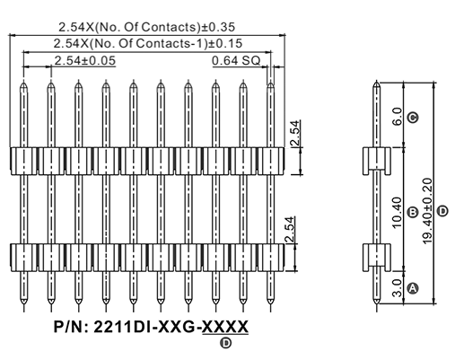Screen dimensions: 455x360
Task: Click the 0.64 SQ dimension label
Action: pyautogui.click(x=236, y=61)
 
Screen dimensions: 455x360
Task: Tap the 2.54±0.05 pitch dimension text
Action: pyautogui.click(x=84, y=61)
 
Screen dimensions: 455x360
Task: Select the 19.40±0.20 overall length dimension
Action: pyautogui.click(x=427, y=211)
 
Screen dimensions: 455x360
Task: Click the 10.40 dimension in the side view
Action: pyautogui.click(x=397, y=213)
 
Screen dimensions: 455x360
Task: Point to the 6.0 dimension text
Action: pyautogui.click(x=397, y=117)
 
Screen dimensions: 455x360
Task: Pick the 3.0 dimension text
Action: pyautogui.click(x=397, y=288)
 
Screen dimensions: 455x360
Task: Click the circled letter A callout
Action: pyautogui.click(x=413, y=288)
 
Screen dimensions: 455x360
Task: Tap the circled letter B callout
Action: pyautogui.click(x=413, y=212)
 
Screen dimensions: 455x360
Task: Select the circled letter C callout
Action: pyautogui.click(x=413, y=117)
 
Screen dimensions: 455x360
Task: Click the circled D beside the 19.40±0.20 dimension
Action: pyautogui.click(x=443, y=211)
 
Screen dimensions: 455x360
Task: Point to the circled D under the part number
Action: pyautogui.click(x=226, y=343)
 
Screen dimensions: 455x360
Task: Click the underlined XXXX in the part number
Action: pyautogui.click(x=225, y=327)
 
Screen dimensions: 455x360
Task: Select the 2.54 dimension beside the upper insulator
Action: pyautogui.click(x=295, y=133)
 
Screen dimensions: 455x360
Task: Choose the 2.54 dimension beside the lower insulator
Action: pyautogui.click(x=289, y=230)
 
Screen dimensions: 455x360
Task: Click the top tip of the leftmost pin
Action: pyautogui.click(x=23, y=81)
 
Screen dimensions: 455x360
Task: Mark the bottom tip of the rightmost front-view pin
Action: pyautogui.click(x=270, y=304)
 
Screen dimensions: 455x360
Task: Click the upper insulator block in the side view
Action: pyautogui.click(x=377, y=161)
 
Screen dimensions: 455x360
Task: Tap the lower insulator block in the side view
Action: pyautogui.click(x=377, y=258)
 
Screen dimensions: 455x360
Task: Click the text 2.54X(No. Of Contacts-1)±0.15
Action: pyautogui.click(x=148, y=44)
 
